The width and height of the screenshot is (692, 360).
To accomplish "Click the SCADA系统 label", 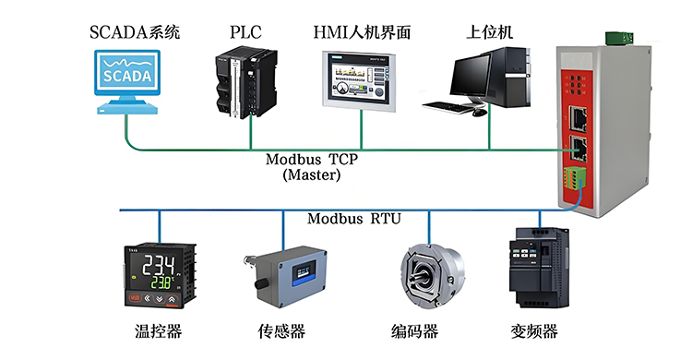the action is click(x=135, y=32).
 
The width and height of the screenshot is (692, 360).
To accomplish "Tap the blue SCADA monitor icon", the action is click(x=127, y=82).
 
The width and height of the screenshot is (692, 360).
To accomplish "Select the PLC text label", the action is click(x=245, y=32).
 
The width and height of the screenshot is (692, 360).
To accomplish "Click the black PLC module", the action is click(x=245, y=84).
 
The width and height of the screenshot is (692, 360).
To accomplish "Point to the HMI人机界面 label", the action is click(x=362, y=32).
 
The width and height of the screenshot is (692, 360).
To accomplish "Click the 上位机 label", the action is click(x=489, y=32).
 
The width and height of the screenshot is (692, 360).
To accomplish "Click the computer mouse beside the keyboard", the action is click(x=479, y=113).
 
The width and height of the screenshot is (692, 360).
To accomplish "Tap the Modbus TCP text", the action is click(x=312, y=159).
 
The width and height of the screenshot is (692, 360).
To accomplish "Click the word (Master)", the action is click(x=312, y=174).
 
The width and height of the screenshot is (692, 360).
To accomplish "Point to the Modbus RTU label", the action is click(x=354, y=219).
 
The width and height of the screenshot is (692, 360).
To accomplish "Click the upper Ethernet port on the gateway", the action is click(x=578, y=116).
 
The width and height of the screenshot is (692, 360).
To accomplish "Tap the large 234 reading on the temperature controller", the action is click(x=159, y=265).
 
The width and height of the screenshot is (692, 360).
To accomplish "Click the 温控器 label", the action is click(x=159, y=331).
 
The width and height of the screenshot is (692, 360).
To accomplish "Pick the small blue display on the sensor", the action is click(x=304, y=271).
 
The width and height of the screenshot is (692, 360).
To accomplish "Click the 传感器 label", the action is click(x=281, y=331).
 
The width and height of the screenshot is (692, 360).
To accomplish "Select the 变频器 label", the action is click(x=534, y=331).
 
